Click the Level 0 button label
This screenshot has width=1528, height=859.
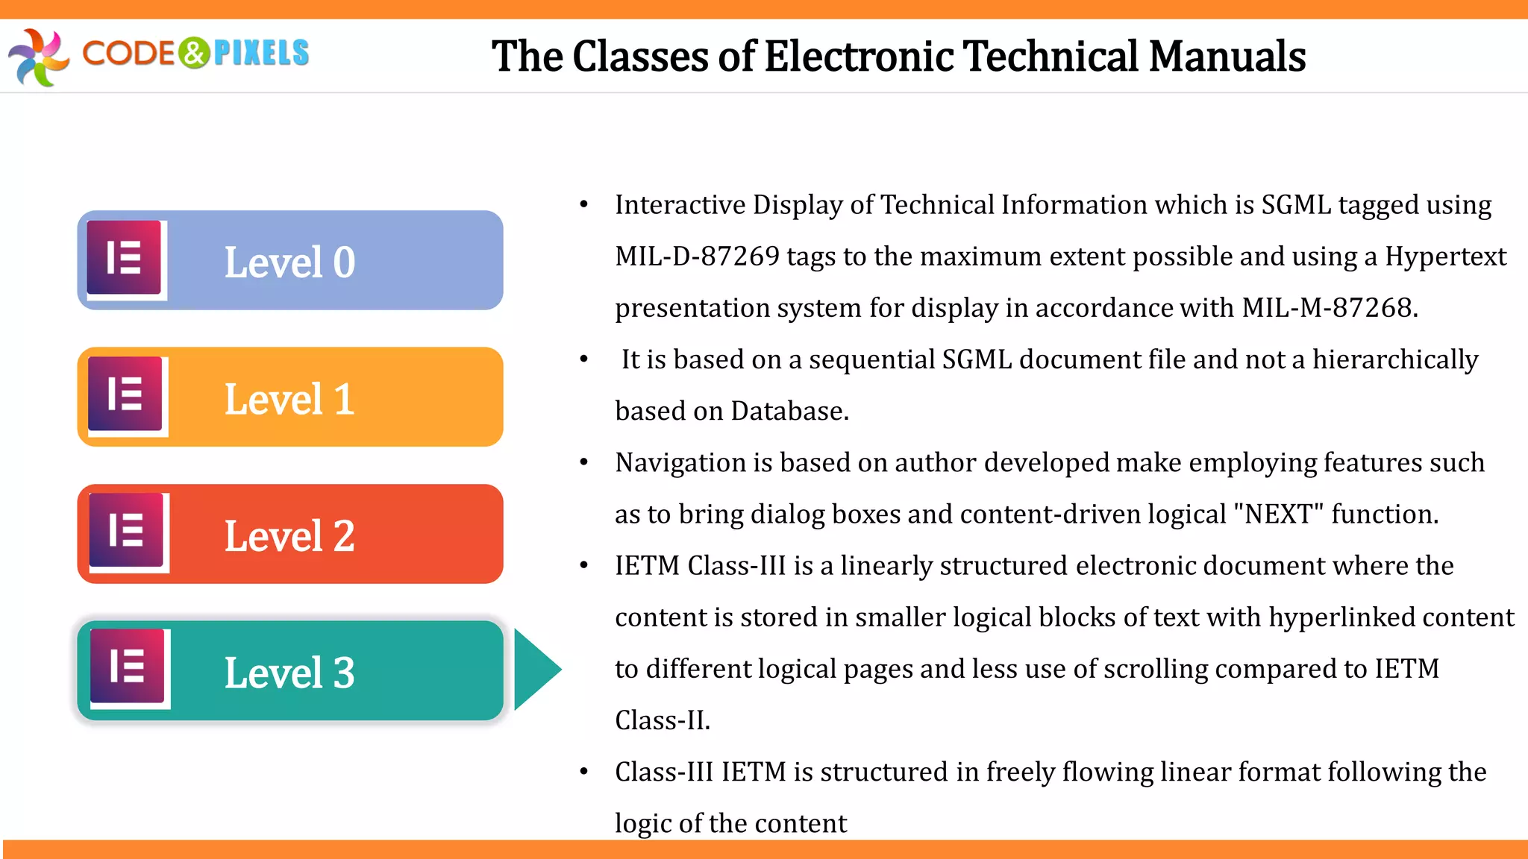click(x=289, y=262)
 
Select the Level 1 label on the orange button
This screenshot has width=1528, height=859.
click(x=289, y=399)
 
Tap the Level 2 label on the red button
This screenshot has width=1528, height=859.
click(x=289, y=536)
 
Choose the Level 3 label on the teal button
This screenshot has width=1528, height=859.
click(x=289, y=673)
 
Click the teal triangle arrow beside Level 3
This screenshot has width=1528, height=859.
click(x=534, y=669)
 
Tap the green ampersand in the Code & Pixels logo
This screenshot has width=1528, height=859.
click(x=195, y=54)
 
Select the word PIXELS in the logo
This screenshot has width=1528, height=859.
click(x=261, y=54)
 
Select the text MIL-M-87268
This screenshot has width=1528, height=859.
click(x=1330, y=308)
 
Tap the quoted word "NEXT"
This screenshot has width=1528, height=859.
click(x=1279, y=515)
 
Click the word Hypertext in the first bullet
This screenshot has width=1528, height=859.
click(x=1445, y=257)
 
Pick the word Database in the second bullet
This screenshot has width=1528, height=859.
click(x=789, y=411)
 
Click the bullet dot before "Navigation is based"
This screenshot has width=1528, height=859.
click(x=584, y=463)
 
